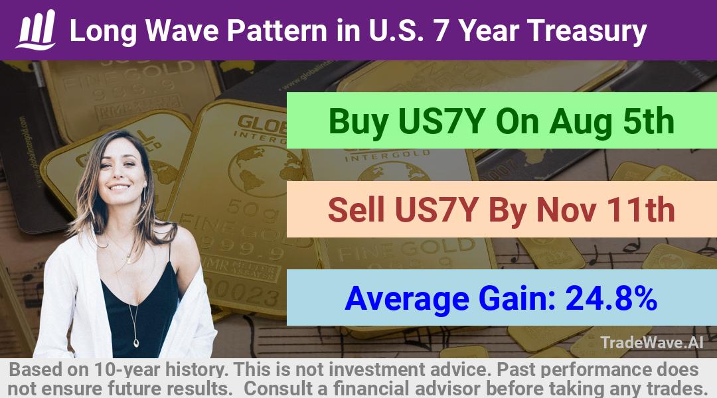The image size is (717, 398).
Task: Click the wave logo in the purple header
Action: [36, 29]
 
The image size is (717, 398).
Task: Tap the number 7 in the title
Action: [441, 31]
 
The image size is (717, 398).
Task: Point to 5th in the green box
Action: [649, 121]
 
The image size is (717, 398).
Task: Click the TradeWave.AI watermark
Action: [652, 342]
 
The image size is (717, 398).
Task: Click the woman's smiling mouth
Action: [119, 187]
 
